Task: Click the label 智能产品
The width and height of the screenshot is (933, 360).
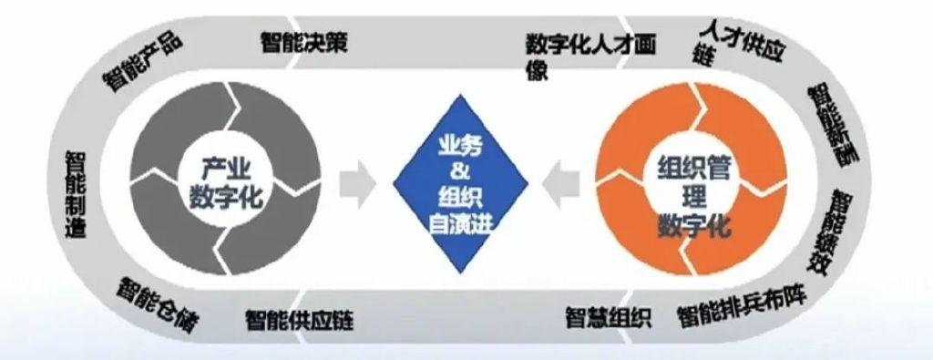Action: click(143, 63)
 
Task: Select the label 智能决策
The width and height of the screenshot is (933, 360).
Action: click(303, 42)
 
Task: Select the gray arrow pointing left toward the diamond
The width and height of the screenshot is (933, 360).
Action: click(562, 183)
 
